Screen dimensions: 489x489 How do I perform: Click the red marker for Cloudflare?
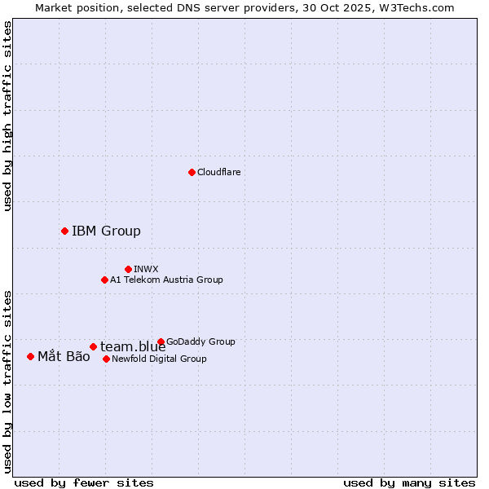point(192,172)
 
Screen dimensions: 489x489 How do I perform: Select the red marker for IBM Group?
point(64,231)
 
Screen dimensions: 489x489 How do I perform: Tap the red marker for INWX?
point(128,269)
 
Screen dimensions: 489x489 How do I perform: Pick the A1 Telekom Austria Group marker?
point(104,280)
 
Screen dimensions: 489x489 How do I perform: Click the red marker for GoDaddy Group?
point(161,341)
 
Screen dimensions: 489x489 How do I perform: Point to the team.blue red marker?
point(93,346)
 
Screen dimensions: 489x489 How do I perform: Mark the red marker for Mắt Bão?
point(30,356)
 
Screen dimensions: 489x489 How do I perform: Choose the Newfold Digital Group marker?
point(106,359)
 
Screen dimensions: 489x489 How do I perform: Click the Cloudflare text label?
point(218,172)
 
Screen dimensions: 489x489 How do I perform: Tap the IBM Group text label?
point(106,231)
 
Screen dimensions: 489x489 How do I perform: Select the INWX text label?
point(146,269)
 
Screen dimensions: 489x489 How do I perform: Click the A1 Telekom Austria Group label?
point(166,280)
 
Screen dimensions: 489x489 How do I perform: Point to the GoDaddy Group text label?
point(200,341)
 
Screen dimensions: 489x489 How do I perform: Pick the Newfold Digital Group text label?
point(159,359)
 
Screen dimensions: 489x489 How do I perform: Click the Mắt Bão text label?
point(64,356)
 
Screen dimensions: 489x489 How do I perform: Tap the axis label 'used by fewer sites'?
point(84,482)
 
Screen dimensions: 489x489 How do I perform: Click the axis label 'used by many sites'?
point(409,482)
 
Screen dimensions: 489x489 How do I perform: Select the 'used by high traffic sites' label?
point(7,117)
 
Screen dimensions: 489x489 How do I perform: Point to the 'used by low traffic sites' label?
point(7,381)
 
